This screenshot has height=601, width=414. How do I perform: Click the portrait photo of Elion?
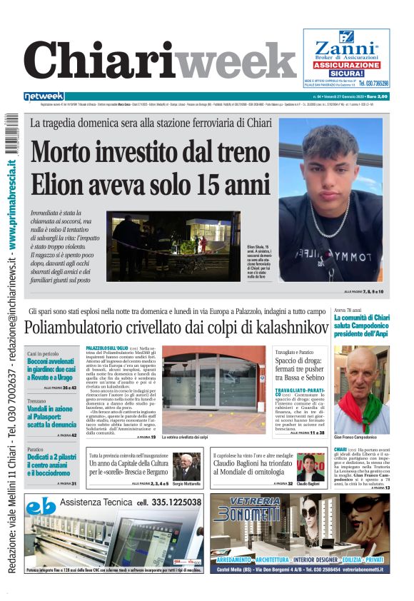(x=330, y=203)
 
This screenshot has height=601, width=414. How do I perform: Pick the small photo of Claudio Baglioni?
(x=309, y=468)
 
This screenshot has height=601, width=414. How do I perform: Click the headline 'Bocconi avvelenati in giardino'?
(x=51, y=366)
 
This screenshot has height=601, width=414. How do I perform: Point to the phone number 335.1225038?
(x=168, y=502)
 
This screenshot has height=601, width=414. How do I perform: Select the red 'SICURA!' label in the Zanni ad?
(x=346, y=73)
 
